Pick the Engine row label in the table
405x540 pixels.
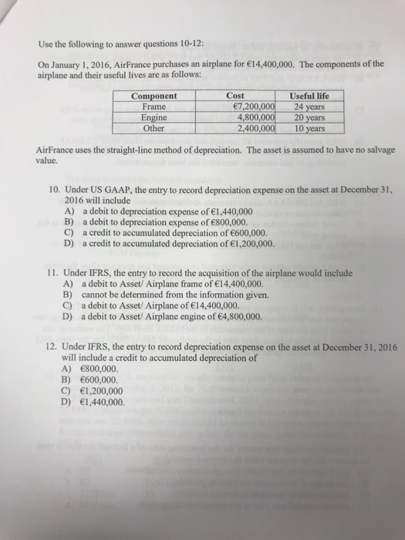tap(155, 116)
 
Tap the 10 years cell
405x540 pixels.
tap(308, 128)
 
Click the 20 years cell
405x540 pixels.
tap(308, 116)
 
